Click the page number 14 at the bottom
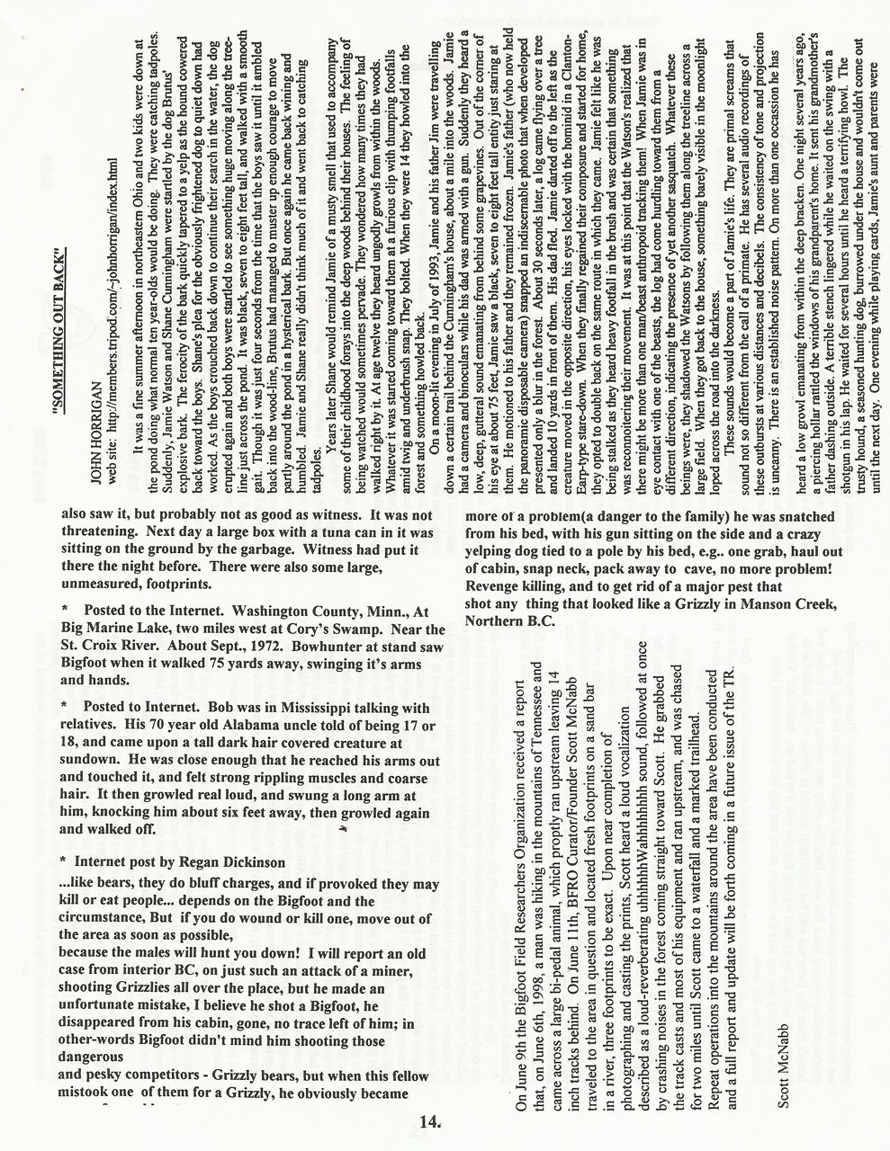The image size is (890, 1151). (429, 1120)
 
